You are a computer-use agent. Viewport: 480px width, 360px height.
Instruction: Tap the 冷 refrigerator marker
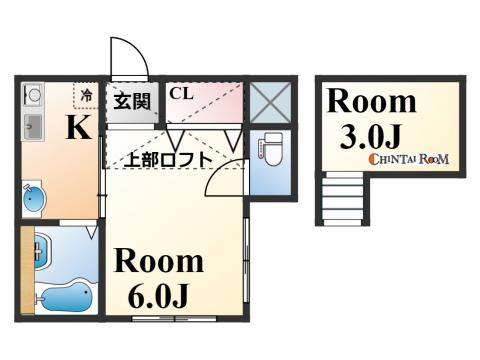(87, 97)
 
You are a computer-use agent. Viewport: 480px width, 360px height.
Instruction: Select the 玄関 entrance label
(130, 101)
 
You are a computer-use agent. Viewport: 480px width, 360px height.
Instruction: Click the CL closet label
(181, 95)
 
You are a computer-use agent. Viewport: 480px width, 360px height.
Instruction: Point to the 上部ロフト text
(168, 157)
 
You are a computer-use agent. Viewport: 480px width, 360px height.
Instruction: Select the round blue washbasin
(32, 197)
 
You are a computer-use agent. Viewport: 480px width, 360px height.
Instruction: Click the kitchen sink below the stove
(30, 126)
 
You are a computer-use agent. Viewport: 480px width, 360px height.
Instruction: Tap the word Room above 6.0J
(159, 262)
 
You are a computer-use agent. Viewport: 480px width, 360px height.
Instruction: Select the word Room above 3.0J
(371, 101)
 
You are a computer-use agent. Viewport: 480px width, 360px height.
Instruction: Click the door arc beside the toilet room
(222, 180)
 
